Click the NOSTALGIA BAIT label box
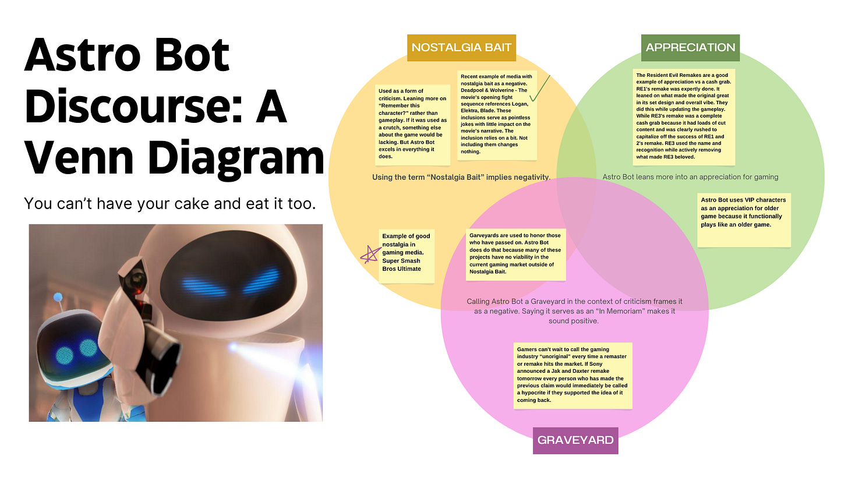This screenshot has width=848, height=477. pyautogui.click(x=461, y=47)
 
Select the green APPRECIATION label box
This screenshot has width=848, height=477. pyautogui.click(x=690, y=47)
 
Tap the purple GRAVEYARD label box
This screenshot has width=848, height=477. pyautogui.click(x=575, y=440)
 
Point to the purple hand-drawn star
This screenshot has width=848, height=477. pyautogui.click(x=369, y=253)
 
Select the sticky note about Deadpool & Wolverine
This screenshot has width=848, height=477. pyautogui.click(x=496, y=115)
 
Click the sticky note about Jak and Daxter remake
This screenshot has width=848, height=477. pyautogui.click(x=573, y=376)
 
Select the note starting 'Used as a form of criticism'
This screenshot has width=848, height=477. pyautogui.click(x=405, y=124)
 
